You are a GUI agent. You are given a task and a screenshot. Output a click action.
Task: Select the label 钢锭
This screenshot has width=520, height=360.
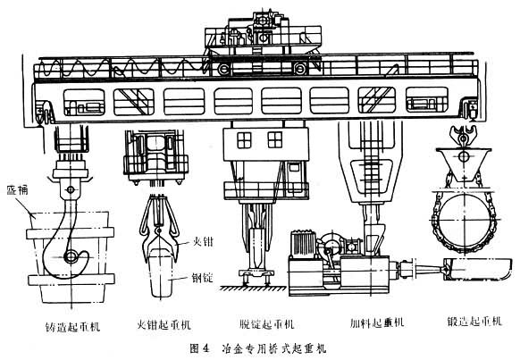pyautogui.click(x=203, y=278)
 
